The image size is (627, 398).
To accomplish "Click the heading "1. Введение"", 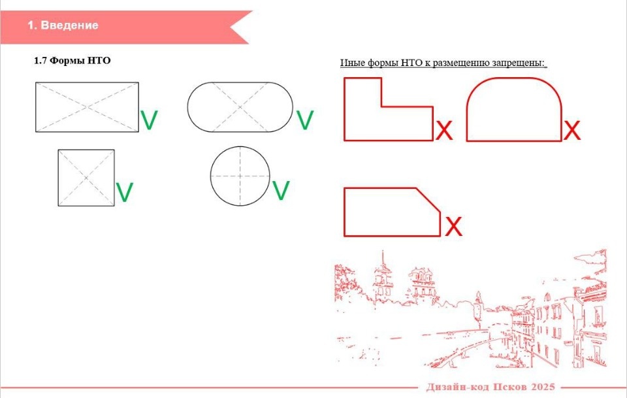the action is (x=63, y=25).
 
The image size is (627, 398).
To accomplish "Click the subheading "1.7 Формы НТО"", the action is (x=72, y=61).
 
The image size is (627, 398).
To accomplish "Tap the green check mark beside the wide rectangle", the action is (x=149, y=120).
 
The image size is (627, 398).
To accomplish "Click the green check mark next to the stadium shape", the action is (x=305, y=120).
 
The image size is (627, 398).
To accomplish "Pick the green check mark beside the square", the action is (x=124, y=192).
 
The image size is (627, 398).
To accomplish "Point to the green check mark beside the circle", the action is (x=280, y=190).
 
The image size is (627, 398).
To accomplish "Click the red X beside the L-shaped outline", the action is (x=444, y=130).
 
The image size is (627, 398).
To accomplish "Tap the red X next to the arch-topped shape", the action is (x=572, y=130).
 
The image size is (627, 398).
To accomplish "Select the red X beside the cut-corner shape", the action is (x=453, y=226).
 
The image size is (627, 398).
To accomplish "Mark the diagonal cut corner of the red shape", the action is (x=428, y=200).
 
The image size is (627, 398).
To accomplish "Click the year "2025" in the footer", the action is (x=543, y=387).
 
